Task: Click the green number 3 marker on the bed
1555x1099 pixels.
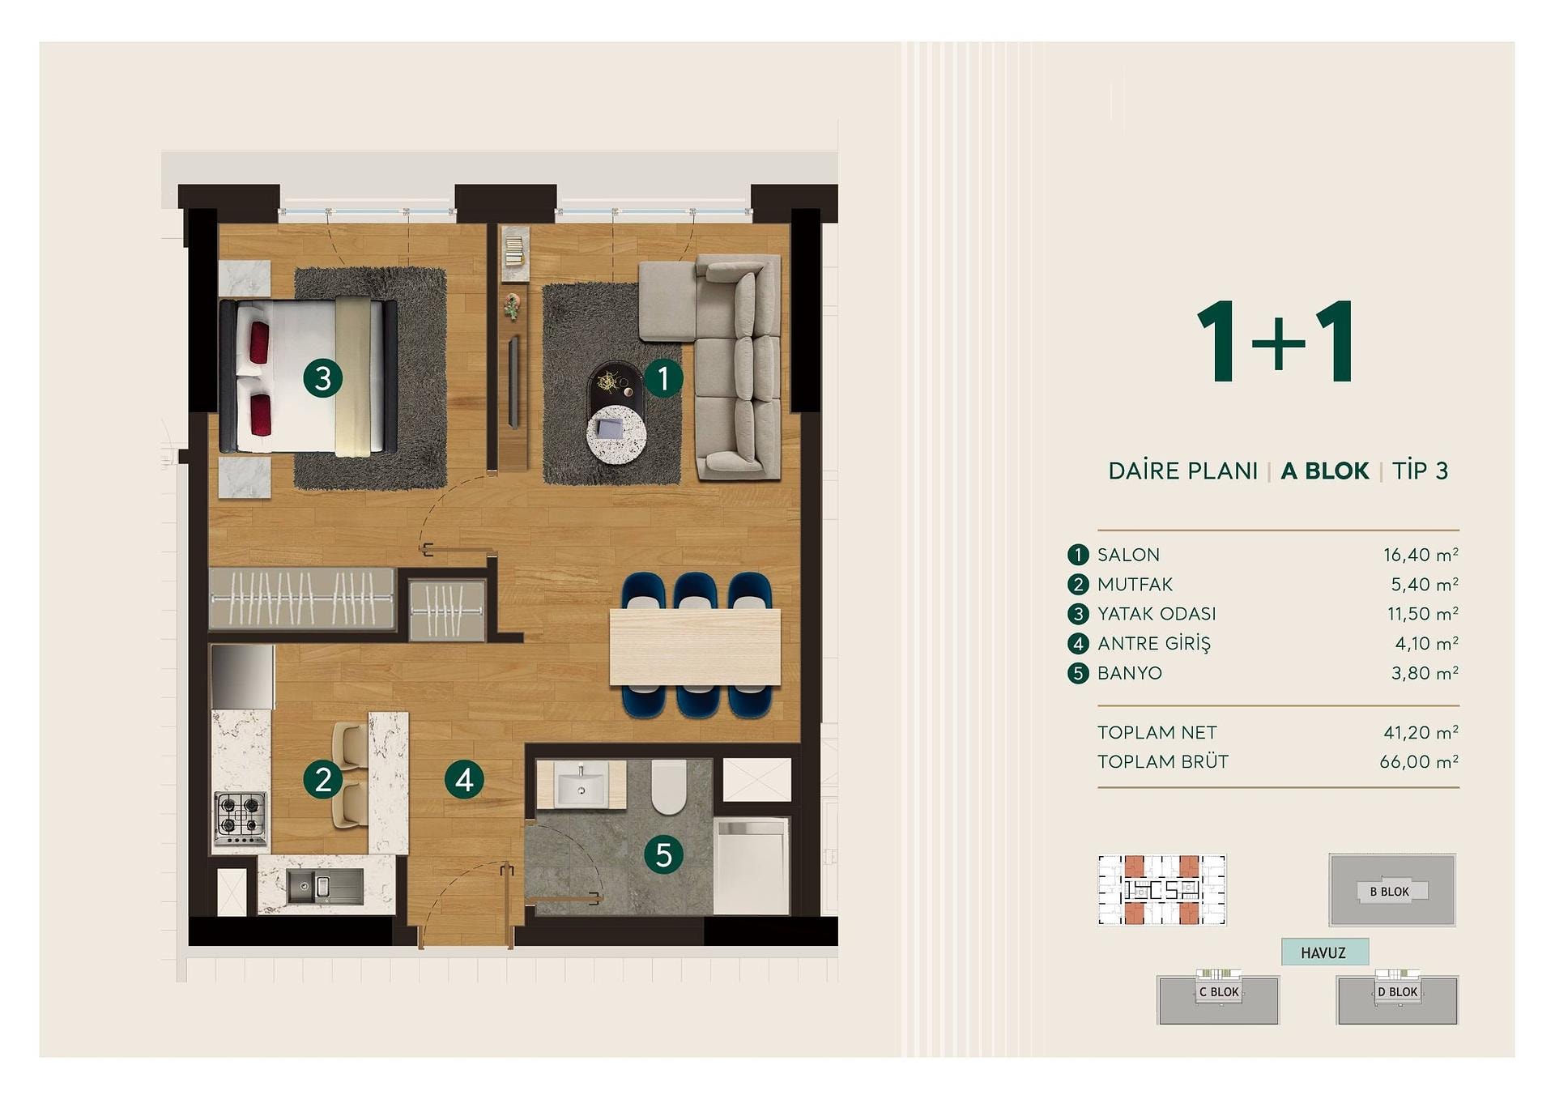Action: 322,378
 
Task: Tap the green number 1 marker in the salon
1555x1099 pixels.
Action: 663,378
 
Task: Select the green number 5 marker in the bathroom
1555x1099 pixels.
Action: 664,854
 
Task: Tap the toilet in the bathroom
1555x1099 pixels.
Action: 669,786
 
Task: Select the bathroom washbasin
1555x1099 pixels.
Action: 581,783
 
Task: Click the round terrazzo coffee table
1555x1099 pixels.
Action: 616,434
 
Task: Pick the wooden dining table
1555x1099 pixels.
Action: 695,646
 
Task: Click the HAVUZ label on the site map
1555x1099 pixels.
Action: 1323,952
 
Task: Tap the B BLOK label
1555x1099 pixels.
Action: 1390,892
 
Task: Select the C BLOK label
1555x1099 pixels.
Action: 1219,992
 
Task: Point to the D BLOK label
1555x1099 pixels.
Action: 1398,992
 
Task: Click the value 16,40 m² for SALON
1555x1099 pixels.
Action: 1421,555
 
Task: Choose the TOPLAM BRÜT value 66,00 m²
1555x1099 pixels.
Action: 1419,761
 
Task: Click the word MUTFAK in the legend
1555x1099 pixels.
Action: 1135,584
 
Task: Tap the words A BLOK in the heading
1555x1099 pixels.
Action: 1324,471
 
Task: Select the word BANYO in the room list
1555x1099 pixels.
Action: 1129,673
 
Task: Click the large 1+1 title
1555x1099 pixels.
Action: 1276,341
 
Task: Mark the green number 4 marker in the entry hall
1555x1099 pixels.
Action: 464,779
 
